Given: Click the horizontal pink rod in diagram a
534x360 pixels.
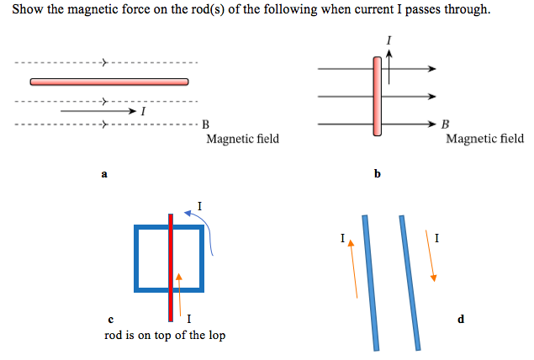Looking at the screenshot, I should tap(108, 82).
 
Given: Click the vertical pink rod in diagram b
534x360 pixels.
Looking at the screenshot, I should tap(377, 95).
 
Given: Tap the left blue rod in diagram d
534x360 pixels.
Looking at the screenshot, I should tap(369, 282).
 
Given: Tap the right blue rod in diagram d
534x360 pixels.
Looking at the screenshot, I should tap(409, 282).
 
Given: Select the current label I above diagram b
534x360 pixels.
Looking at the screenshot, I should tap(389, 40).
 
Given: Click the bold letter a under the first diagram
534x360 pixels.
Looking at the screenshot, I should tap(104, 174).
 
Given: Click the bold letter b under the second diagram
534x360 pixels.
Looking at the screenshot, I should tap(377, 174).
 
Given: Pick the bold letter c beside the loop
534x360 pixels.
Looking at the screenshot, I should tap(111, 319).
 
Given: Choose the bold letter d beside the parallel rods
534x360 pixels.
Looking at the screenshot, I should tap(460, 319).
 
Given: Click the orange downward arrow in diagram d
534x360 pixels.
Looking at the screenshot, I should tap(431, 257).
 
